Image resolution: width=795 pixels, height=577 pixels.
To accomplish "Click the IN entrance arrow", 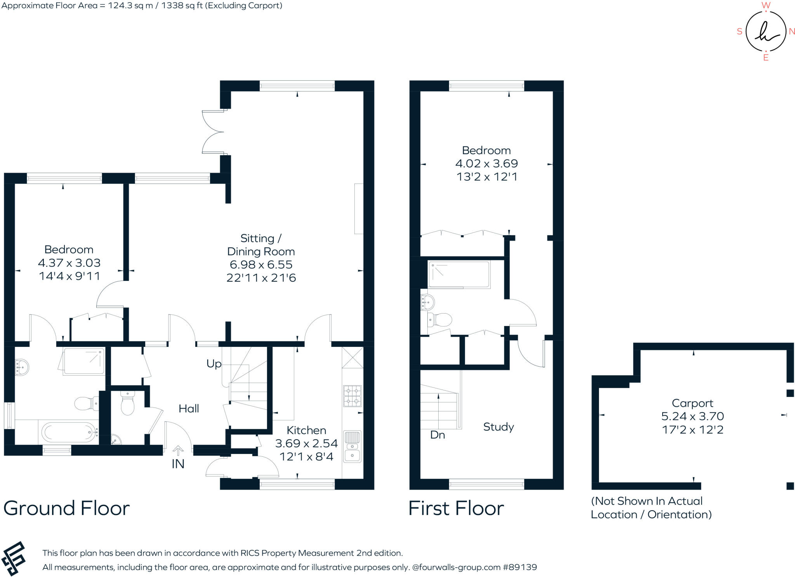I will tap(178, 451).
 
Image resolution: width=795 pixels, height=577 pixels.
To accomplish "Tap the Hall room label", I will tap(189, 409).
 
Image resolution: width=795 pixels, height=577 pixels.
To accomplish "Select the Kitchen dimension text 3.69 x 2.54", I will tap(306, 444).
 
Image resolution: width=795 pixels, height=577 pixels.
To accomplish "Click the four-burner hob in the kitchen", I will tap(352, 396).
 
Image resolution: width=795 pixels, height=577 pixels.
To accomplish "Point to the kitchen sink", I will tap(352, 447).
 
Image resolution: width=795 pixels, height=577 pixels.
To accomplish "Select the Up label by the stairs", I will tap(214, 364).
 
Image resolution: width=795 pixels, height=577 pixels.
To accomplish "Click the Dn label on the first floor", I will tap(437, 435).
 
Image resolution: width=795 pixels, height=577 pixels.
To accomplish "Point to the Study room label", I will tap(498, 427).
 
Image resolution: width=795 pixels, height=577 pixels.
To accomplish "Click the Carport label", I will tap(693, 403).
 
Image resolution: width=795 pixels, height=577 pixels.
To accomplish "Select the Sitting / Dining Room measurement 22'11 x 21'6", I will tap(261, 278).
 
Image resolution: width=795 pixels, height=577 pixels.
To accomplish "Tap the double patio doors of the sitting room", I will tap(213, 132).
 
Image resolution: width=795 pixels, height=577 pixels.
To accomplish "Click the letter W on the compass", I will tap(765, 5).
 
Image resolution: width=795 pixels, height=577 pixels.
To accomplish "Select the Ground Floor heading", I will tap(66, 508).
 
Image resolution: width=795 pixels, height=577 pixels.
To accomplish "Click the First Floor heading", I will tap(456, 508).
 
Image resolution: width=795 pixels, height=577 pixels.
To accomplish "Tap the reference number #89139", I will tap(520, 567).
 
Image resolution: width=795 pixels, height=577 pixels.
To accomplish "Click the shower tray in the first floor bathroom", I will tap(459, 274).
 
